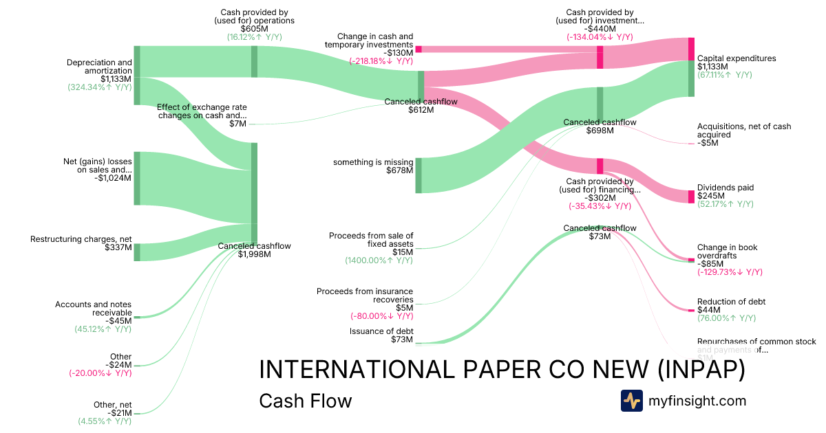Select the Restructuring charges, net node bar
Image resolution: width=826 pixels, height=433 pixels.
[x=137, y=252]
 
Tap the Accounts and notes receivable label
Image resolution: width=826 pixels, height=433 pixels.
[x=93, y=309]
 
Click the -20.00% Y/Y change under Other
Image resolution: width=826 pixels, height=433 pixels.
[x=100, y=373]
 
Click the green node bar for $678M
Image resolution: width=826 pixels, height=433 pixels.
[x=419, y=175]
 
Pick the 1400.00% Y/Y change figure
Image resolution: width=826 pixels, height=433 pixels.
[x=379, y=260]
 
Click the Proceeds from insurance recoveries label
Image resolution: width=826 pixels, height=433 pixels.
[x=365, y=296]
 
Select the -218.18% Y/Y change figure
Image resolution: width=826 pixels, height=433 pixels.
[x=381, y=61]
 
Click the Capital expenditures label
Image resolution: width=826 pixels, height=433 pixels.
[x=737, y=58]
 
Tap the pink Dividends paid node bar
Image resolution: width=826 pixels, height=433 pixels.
[x=691, y=196]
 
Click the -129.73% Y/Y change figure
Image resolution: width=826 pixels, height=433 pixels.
[x=730, y=272]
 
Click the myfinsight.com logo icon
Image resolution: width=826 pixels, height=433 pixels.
[x=631, y=401]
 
